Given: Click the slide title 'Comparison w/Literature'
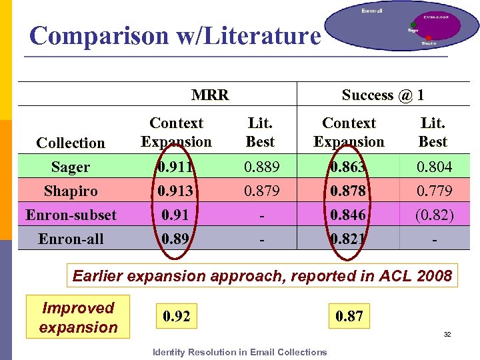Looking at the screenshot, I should pos(175,35).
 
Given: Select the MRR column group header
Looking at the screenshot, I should pos(210,95).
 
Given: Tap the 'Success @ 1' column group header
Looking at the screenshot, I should pos(383,95).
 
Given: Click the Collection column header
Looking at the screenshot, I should pos(71,143).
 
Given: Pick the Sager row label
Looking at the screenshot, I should pos(71,167).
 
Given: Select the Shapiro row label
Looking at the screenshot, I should pos(71,191).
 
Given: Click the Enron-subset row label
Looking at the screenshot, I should pos(71,215).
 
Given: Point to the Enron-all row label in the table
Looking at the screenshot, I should pos(71,239).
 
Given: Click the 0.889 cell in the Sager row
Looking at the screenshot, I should pos(260,167).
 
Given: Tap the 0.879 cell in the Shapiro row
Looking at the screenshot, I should pos(260,191).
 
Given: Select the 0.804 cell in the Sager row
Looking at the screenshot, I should pos(433,167).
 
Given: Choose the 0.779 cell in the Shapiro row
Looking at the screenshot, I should pos(433,191).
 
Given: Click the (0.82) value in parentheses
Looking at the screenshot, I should pos(433,215).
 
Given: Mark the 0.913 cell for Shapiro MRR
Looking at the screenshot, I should pos(176,191).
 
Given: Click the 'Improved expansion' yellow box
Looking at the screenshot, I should pos(78,317).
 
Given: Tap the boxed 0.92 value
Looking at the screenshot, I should pos(176,316).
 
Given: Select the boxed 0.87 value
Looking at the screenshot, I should pos(349,316).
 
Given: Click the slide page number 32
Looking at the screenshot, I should pos(447,334).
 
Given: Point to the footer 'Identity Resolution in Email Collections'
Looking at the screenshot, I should pos(240,352).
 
